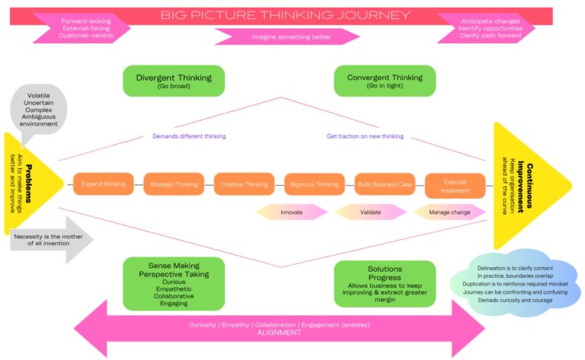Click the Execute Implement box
pos(455,186)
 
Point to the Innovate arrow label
pos(292,212)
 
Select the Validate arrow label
pos(371,212)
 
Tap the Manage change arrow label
pos(450,212)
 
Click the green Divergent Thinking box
pos(174,81)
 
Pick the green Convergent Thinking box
pos(384,81)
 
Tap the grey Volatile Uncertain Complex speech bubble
pos(38,112)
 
